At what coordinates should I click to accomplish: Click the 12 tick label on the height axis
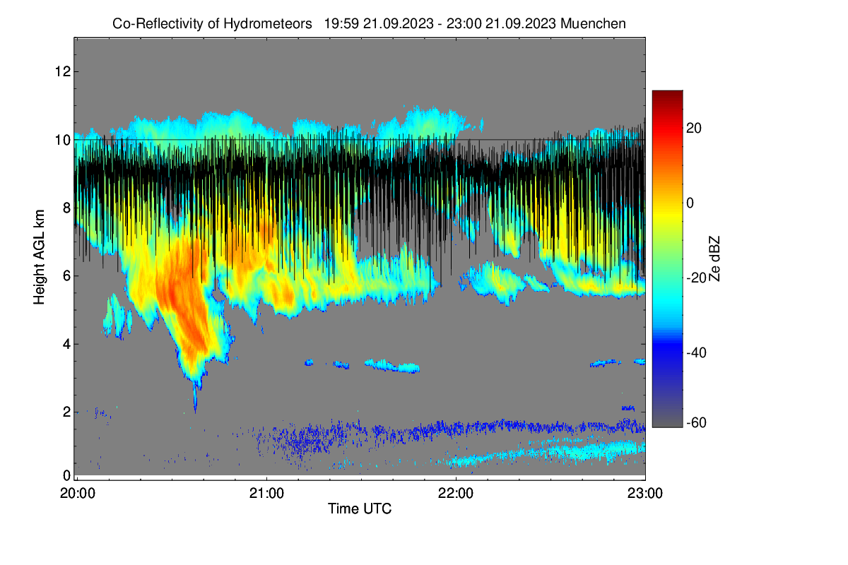coord(63,71)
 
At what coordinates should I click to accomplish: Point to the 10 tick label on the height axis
coord(63,140)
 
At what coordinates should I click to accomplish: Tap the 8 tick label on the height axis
coord(66,208)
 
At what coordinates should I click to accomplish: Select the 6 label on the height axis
coord(66,276)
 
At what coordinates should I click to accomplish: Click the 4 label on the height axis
coord(66,344)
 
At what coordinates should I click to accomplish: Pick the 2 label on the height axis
coord(66,412)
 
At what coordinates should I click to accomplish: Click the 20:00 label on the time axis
coord(78,494)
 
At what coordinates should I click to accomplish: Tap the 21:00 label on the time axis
coord(266,494)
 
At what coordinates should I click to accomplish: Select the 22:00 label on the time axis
coord(456,494)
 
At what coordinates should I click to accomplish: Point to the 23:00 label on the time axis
coord(645,494)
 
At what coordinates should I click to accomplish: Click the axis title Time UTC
coord(360,509)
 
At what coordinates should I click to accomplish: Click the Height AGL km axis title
coord(39,257)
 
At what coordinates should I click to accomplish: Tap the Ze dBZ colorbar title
coord(714,259)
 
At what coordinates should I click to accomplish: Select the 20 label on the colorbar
coord(694,129)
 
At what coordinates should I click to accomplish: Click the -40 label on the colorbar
coord(696,352)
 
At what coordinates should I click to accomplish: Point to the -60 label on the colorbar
coord(696,423)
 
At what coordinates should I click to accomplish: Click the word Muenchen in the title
coord(593,23)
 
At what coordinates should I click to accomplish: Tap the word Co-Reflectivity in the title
coord(158,23)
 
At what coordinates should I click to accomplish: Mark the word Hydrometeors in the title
coord(268,23)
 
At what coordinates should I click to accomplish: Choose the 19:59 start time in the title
coord(341,23)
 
